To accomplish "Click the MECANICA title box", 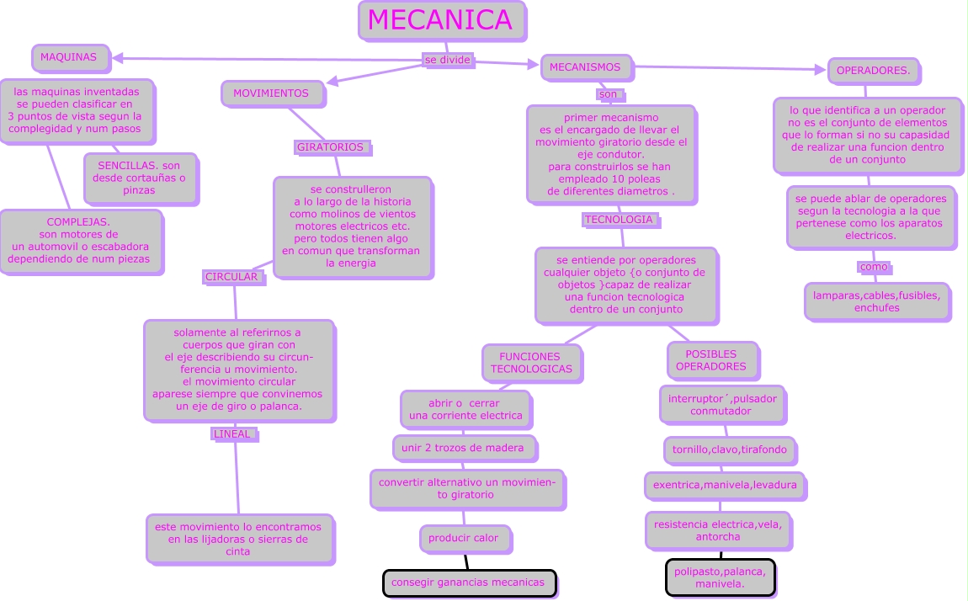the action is tap(440, 20).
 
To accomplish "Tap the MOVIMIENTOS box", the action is tap(271, 93).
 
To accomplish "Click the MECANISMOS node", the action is tap(585, 67).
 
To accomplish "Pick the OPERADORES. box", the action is tap(873, 71).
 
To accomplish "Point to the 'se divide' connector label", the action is tap(447, 61).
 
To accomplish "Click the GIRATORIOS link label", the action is tap(331, 147).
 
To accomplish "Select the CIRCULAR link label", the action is tap(232, 276).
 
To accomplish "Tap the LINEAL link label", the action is tap(232, 434).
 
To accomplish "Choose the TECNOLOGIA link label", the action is tap(619, 220).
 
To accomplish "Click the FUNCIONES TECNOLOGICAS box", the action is tap(531, 363).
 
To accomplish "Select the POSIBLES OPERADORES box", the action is tap(711, 360).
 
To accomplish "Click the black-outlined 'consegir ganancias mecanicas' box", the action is tap(469, 582).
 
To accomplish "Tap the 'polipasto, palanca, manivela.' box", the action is tap(720, 578).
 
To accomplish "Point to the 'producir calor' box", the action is tap(464, 538).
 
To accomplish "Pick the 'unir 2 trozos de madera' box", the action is tap(463, 448).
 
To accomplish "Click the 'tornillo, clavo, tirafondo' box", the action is tap(729, 450).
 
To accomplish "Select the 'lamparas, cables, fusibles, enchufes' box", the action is tap(876, 301).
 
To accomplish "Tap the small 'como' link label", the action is tap(874, 267).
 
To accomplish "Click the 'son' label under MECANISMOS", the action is tap(608, 94).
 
